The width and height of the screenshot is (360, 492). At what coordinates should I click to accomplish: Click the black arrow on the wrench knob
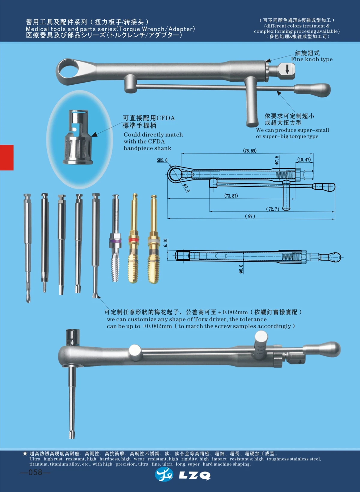[x=287, y=70]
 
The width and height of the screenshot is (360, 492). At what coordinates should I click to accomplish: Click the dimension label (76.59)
[x=250, y=151]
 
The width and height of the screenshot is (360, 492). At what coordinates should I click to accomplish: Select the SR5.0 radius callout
[x=162, y=160]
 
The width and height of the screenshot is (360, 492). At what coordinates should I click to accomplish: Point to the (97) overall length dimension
[x=250, y=216]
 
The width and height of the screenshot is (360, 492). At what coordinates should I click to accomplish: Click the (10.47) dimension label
[x=304, y=159]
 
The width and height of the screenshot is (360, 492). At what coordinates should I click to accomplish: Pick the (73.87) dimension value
[x=231, y=196]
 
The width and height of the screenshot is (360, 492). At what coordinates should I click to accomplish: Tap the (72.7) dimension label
[x=272, y=209]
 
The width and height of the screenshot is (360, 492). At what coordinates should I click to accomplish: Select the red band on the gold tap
[x=134, y=240]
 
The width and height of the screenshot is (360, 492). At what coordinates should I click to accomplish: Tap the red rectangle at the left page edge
[x=7, y=157]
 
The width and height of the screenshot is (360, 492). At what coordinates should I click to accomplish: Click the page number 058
[x=35, y=472]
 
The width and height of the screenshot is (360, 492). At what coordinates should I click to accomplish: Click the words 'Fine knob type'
[x=312, y=59]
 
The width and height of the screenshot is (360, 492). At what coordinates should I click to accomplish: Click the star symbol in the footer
[x=25, y=453]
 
